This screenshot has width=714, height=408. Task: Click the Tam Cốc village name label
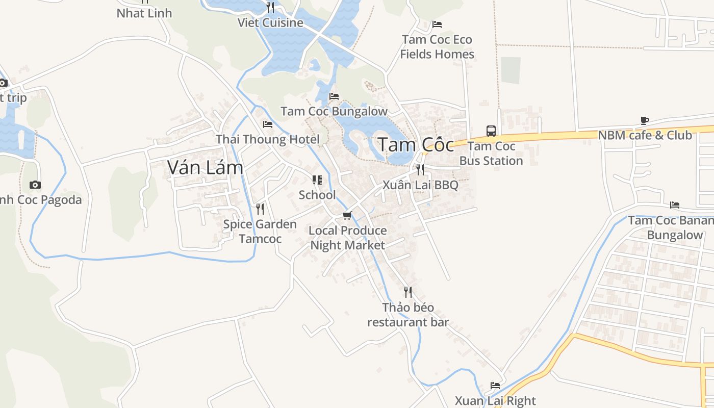[416, 145]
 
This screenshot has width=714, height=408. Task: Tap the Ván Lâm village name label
[205, 167]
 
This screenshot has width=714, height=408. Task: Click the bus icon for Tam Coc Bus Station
[491, 131]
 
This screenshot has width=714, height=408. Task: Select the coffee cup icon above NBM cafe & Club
[645, 121]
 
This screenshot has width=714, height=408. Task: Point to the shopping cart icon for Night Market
[347, 216]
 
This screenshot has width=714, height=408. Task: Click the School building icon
[317, 180]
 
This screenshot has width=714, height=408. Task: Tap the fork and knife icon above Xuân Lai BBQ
[420, 170]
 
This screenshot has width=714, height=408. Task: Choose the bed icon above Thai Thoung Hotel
[268, 124]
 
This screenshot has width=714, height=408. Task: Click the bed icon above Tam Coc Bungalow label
[334, 96]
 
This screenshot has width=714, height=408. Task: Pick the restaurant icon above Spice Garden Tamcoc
[260, 209]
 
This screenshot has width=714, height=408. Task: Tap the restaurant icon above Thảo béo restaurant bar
[407, 292]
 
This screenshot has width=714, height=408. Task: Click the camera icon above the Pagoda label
[35, 185]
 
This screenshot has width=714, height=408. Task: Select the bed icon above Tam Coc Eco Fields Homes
[437, 24]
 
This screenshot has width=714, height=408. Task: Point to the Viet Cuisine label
[270, 23]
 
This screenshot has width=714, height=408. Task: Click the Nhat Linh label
[144, 13]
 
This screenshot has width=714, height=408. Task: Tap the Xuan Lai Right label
[495, 401]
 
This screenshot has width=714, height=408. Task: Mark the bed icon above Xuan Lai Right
[495, 386]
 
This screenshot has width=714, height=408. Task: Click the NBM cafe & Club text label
[645, 135]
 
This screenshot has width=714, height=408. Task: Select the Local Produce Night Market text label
[348, 238]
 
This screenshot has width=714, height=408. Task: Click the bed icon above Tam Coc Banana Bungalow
[675, 206]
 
